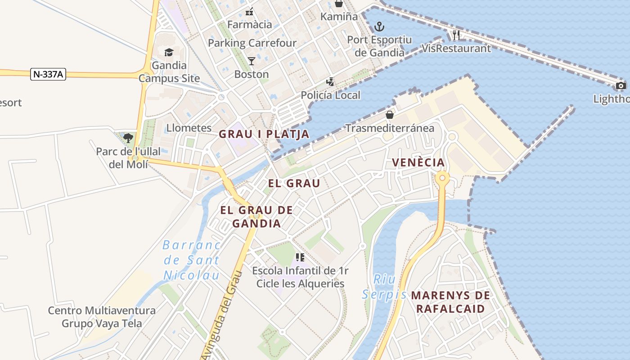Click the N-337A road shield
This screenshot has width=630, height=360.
(x=48, y=74)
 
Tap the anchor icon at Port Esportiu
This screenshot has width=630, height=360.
(x=379, y=27)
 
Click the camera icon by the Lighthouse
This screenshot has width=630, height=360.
(x=621, y=85)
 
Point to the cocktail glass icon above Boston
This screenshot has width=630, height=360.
(x=252, y=61)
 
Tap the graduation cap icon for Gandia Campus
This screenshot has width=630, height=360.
(x=169, y=52)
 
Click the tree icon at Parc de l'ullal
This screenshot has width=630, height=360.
(x=128, y=137)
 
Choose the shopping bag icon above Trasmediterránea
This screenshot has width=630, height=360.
(x=390, y=115)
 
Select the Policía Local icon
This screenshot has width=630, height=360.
(x=331, y=82)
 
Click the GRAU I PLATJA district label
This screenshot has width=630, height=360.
(x=264, y=134)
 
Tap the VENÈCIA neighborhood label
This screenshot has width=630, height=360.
(x=418, y=162)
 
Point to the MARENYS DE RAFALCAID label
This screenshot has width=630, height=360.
(x=450, y=302)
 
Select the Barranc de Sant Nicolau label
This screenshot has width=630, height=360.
(x=191, y=260)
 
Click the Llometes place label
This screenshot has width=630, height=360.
(x=189, y=128)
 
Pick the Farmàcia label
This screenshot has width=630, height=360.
(x=250, y=24)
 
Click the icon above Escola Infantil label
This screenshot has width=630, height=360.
(x=300, y=257)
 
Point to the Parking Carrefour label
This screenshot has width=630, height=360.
(x=252, y=43)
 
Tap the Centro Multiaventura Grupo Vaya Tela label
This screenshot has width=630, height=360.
(x=102, y=317)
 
